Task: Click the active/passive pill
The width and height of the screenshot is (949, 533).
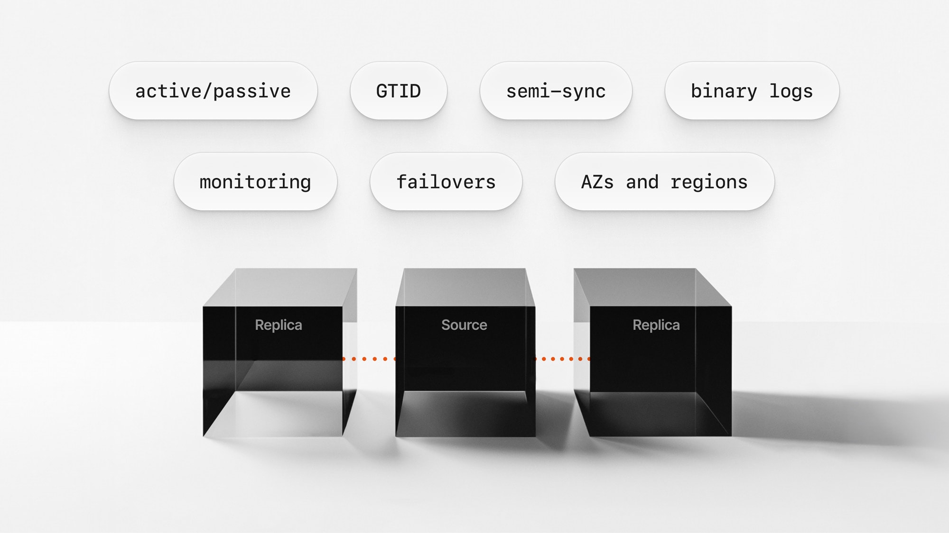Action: (x=213, y=91)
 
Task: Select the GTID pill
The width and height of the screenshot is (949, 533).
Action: (x=399, y=91)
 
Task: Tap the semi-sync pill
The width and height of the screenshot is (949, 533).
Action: (x=556, y=91)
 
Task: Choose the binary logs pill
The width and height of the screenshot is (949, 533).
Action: (x=752, y=91)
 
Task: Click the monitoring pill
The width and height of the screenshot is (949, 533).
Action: (x=255, y=182)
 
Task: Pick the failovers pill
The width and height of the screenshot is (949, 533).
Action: (x=446, y=182)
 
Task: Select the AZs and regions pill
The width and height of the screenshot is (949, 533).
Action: (x=664, y=182)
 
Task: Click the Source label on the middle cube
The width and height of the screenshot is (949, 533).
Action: (x=464, y=325)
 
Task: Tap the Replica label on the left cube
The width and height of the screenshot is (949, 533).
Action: (x=279, y=325)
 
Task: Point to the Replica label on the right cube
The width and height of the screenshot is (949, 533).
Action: (x=656, y=325)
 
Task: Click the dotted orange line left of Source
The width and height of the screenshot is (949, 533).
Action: (x=369, y=359)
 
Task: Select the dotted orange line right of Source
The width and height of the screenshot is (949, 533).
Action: (x=562, y=359)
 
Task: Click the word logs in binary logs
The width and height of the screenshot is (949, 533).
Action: (x=791, y=91)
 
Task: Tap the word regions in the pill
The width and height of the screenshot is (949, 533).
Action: (x=709, y=182)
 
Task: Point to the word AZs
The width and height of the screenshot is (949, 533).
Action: (x=597, y=182)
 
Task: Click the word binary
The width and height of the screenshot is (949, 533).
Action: (x=724, y=91)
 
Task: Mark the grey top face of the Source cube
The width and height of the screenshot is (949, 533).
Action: (x=465, y=287)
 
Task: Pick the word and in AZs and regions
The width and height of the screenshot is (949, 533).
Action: (x=642, y=182)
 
